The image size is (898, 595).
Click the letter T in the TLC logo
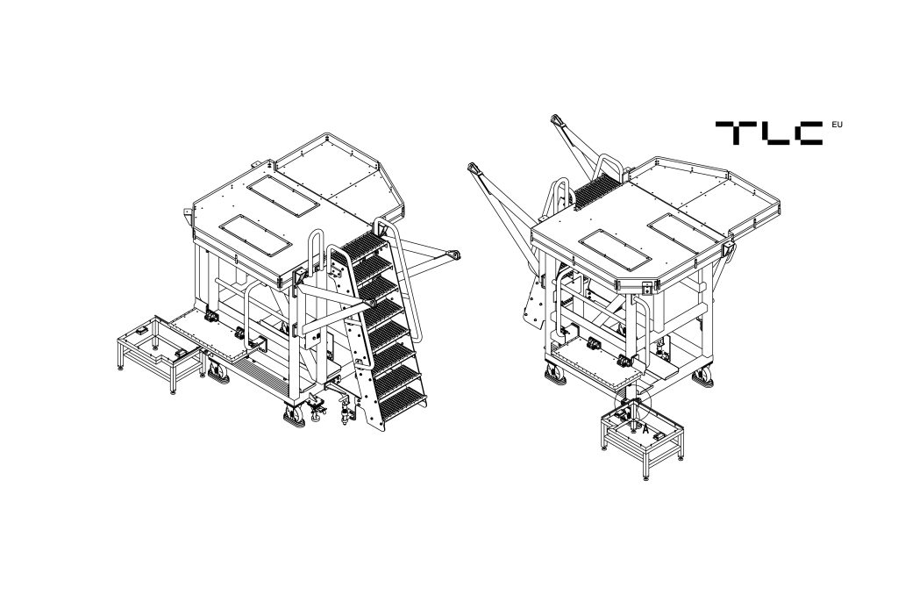tap(731, 132)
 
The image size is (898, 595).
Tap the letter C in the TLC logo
tap(806, 133)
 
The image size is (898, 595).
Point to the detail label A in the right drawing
tap(646, 427)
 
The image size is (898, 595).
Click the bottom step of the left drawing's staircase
tap(404, 399)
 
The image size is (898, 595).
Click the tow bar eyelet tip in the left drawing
tap(455, 254)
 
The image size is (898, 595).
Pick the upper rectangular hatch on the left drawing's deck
tap(283, 196)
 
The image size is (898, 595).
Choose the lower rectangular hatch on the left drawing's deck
tap(256, 234)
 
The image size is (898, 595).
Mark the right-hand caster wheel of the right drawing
tap(702, 376)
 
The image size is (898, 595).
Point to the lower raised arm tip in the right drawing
tap(474, 168)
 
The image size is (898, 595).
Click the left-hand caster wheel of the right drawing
tap(554, 375)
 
